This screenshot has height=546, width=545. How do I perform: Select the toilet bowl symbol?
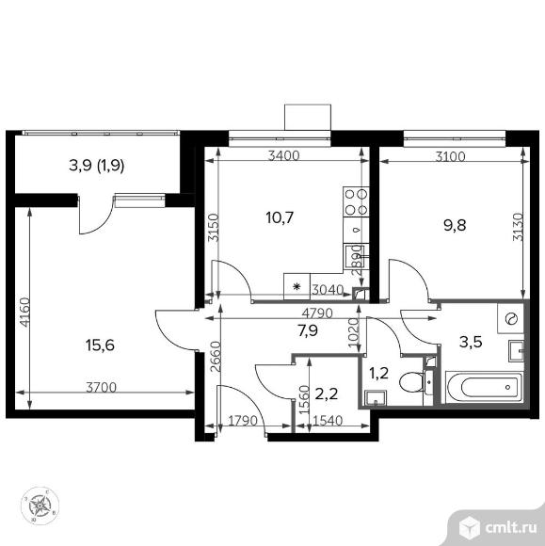coord(410,382)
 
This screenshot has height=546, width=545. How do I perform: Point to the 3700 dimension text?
coord(101,387)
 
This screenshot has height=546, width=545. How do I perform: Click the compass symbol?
coord(40,506)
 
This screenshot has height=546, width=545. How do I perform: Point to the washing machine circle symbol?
coord(512,319)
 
